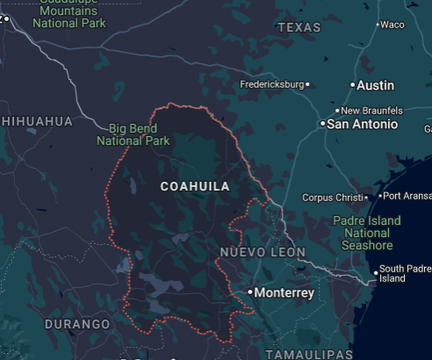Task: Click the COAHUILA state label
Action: [x=195, y=187]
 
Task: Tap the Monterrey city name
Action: [x=284, y=292]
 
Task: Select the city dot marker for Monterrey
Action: [x=250, y=292]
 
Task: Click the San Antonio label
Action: [x=362, y=125]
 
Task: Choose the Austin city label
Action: [x=376, y=85]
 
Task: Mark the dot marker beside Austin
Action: [x=353, y=85]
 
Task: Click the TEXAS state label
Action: [x=299, y=28]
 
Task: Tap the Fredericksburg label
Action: [x=271, y=84]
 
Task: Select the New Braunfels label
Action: [x=372, y=111]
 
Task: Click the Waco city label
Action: [x=392, y=25]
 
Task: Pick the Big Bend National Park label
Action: [x=133, y=134]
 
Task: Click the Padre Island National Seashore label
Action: [x=367, y=233]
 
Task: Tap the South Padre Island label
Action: [x=405, y=273]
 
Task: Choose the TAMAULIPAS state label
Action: [x=309, y=353]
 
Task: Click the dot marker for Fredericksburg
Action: [x=307, y=84]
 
